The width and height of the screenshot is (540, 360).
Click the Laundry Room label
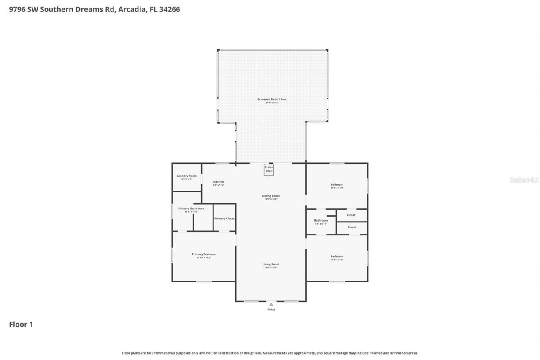coord(186,176)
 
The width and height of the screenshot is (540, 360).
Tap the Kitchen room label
coord(219,182)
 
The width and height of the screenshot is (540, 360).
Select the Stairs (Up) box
coord(269,169)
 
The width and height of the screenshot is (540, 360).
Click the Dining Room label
coord(271,196)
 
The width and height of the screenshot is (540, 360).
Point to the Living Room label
coord(271,264)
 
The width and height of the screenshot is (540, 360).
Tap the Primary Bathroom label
coord(191,208)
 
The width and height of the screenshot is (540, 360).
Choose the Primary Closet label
coord(224,219)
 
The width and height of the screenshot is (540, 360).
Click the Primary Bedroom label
coord(204,254)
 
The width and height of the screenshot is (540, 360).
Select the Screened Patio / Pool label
coord(272,100)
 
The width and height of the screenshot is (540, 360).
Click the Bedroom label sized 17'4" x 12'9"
coord(337,184)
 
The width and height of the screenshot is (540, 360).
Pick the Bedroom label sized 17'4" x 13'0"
coord(337,257)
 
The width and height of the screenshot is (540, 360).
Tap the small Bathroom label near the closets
coord(321,220)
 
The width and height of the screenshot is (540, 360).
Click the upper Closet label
coord(351,215)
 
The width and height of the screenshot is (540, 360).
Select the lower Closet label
coord(351,227)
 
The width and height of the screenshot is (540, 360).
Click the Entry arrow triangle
coord(271,304)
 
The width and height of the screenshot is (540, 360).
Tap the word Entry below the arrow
coord(271,309)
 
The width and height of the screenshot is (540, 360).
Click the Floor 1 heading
coord(21,324)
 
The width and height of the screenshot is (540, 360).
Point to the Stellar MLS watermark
coord(524,180)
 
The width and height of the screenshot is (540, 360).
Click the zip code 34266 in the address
coord(168,9)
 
